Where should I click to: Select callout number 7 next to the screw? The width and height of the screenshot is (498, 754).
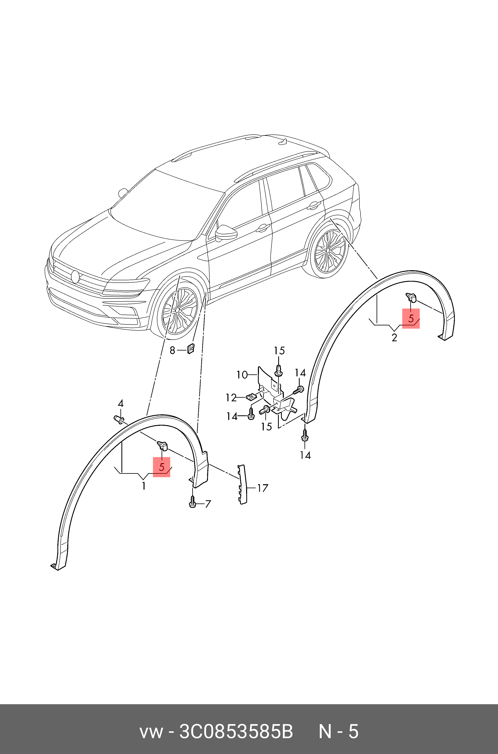pyautogui.click(x=208, y=504)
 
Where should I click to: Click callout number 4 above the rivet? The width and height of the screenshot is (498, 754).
pyautogui.click(x=120, y=404)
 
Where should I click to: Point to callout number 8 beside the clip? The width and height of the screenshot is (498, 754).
pyautogui.click(x=172, y=350)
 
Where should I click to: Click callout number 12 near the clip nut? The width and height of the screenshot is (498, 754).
pyautogui.click(x=231, y=398)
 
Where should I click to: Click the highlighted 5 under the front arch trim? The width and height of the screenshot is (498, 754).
pyautogui.click(x=161, y=467)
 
